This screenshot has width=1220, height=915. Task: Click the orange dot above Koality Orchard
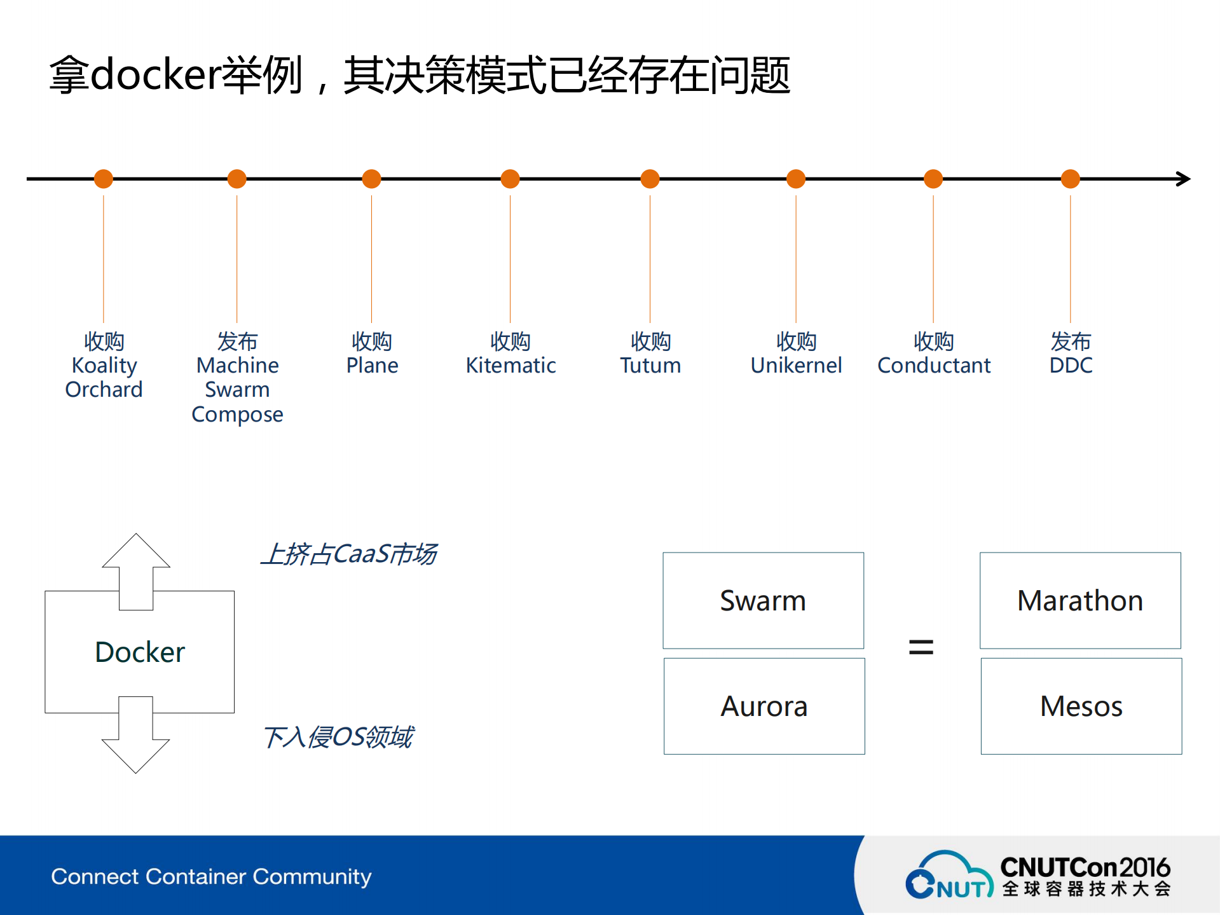pyautogui.click(x=104, y=179)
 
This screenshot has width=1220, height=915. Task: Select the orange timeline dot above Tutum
pyautogui.click(x=650, y=179)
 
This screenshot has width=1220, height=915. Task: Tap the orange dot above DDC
pyautogui.click(x=1071, y=179)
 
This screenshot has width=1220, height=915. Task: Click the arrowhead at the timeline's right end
pyautogui.click(x=1184, y=179)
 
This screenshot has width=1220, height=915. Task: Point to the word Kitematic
pyautogui.click(x=511, y=366)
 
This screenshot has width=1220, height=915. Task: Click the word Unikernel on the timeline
pyautogui.click(x=796, y=366)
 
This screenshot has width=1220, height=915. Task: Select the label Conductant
pyautogui.click(x=933, y=366)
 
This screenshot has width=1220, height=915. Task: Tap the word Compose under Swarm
pyautogui.click(x=237, y=415)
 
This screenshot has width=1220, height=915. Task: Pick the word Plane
pyautogui.click(x=372, y=366)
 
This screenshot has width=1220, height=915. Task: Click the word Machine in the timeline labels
pyautogui.click(x=237, y=366)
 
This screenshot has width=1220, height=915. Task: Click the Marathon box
pyautogui.click(x=1080, y=600)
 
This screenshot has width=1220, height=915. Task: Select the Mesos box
pyautogui.click(x=1081, y=706)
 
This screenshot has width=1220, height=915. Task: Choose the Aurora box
pyautogui.click(x=764, y=706)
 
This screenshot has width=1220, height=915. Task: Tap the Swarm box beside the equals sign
pyautogui.click(x=763, y=600)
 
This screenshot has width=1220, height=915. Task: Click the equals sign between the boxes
pyautogui.click(x=921, y=648)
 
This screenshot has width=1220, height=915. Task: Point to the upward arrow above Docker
pyautogui.click(x=136, y=566)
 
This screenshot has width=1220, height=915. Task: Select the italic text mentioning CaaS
pyautogui.click(x=348, y=554)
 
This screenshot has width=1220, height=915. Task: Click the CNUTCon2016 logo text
pyautogui.click(x=1085, y=867)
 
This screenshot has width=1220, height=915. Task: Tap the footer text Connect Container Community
pyautogui.click(x=211, y=876)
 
